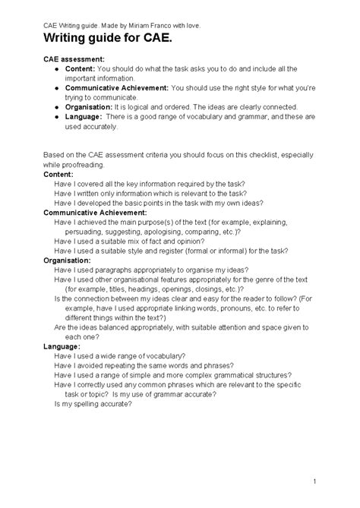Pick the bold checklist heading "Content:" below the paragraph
tap(58, 174)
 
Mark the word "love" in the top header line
tap(192, 24)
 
